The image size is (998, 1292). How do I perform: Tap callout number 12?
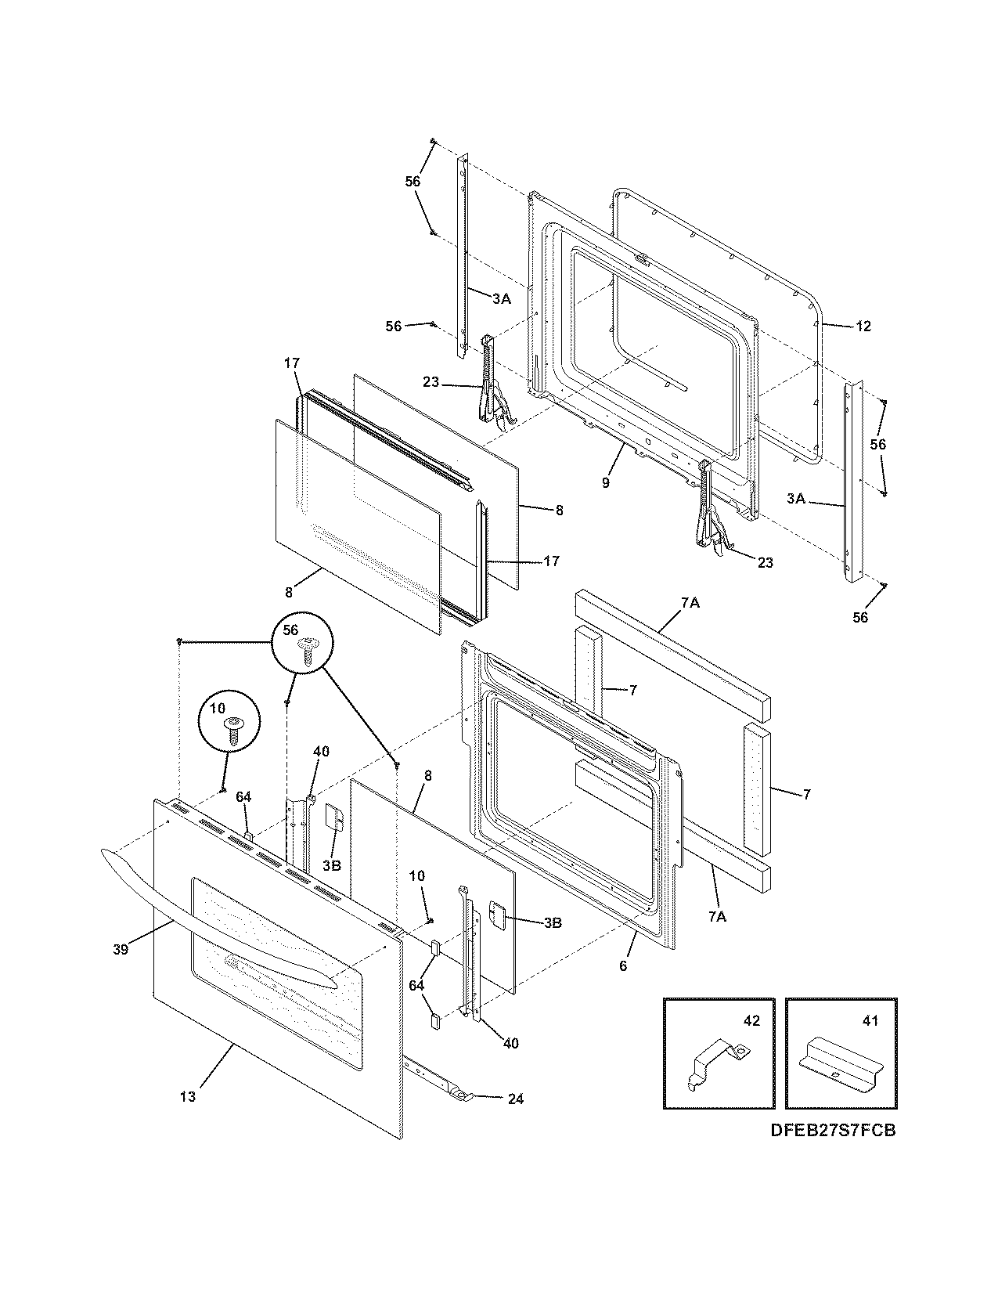[863, 327]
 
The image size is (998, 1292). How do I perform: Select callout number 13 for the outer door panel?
[187, 1097]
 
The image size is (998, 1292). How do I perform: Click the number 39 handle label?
[119, 949]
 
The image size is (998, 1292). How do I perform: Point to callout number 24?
[515, 1099]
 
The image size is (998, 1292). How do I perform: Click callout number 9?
[606, 483]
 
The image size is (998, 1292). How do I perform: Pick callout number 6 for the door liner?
[623, 966]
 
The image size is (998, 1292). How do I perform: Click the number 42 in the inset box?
[751, 1021]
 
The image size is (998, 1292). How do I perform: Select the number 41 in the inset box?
[870, 1021]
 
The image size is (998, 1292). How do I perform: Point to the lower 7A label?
[717, 917]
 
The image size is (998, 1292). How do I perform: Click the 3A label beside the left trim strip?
[501, 298]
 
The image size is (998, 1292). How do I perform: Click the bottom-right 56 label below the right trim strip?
[860, 618]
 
